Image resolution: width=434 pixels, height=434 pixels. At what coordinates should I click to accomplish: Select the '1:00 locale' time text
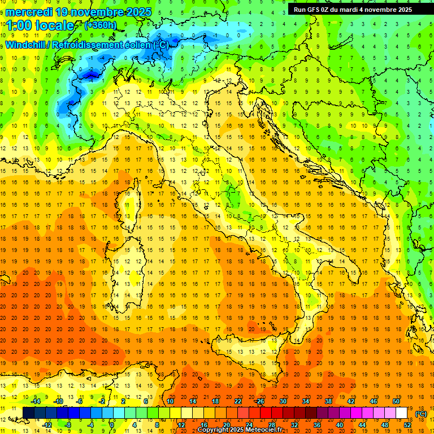point(39,25)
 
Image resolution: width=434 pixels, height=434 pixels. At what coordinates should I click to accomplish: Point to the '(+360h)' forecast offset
point(100,25)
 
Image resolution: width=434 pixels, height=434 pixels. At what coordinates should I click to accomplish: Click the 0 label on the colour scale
point(112,424)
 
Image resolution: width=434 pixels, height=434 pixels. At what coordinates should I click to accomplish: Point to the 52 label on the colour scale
point(407,424)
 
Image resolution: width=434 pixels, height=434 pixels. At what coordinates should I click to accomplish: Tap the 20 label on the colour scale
point(226,424)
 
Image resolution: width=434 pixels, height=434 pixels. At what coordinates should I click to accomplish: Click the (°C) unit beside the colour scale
point(421,413)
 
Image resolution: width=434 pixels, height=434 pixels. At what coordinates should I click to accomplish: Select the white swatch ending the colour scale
point(402,413)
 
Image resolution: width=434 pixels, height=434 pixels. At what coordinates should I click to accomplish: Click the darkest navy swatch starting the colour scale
point(28,413)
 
